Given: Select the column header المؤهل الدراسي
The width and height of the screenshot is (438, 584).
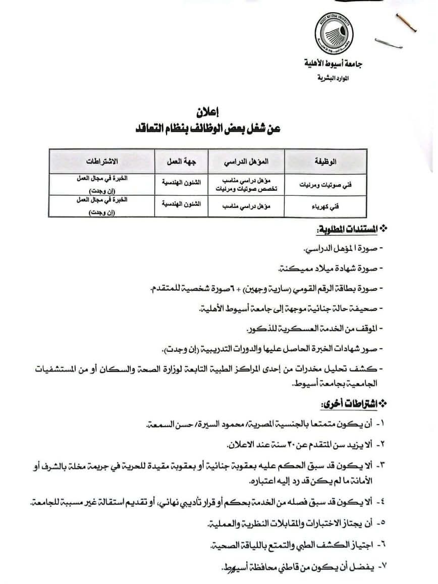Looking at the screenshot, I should [247, 162].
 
